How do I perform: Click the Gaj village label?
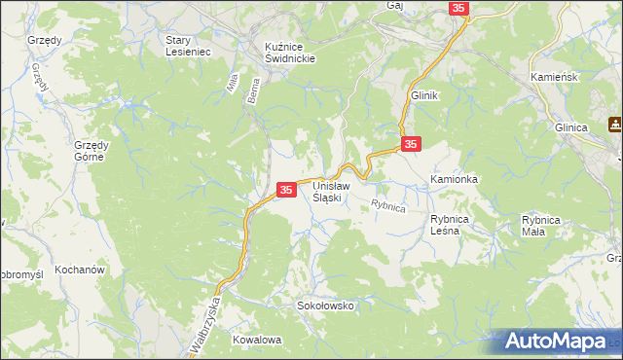(394, 5)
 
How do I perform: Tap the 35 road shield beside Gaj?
(459, 8)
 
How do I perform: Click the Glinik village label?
(426, 95)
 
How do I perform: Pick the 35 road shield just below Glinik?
(412, 143)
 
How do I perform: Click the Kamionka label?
(455, 181)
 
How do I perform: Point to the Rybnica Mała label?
(541, 225)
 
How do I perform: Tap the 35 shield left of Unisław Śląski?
(286, 190)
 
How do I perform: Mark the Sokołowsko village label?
(325, 306)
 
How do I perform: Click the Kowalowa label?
(257, 341)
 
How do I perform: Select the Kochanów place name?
(80, 269)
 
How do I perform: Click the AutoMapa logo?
(561, 342)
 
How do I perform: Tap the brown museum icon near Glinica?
(614, 124)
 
